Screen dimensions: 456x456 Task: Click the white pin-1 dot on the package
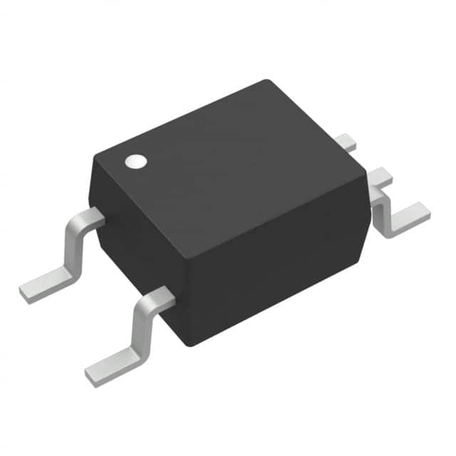coord(135,162)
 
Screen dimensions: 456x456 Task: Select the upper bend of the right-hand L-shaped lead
coord(380,178)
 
